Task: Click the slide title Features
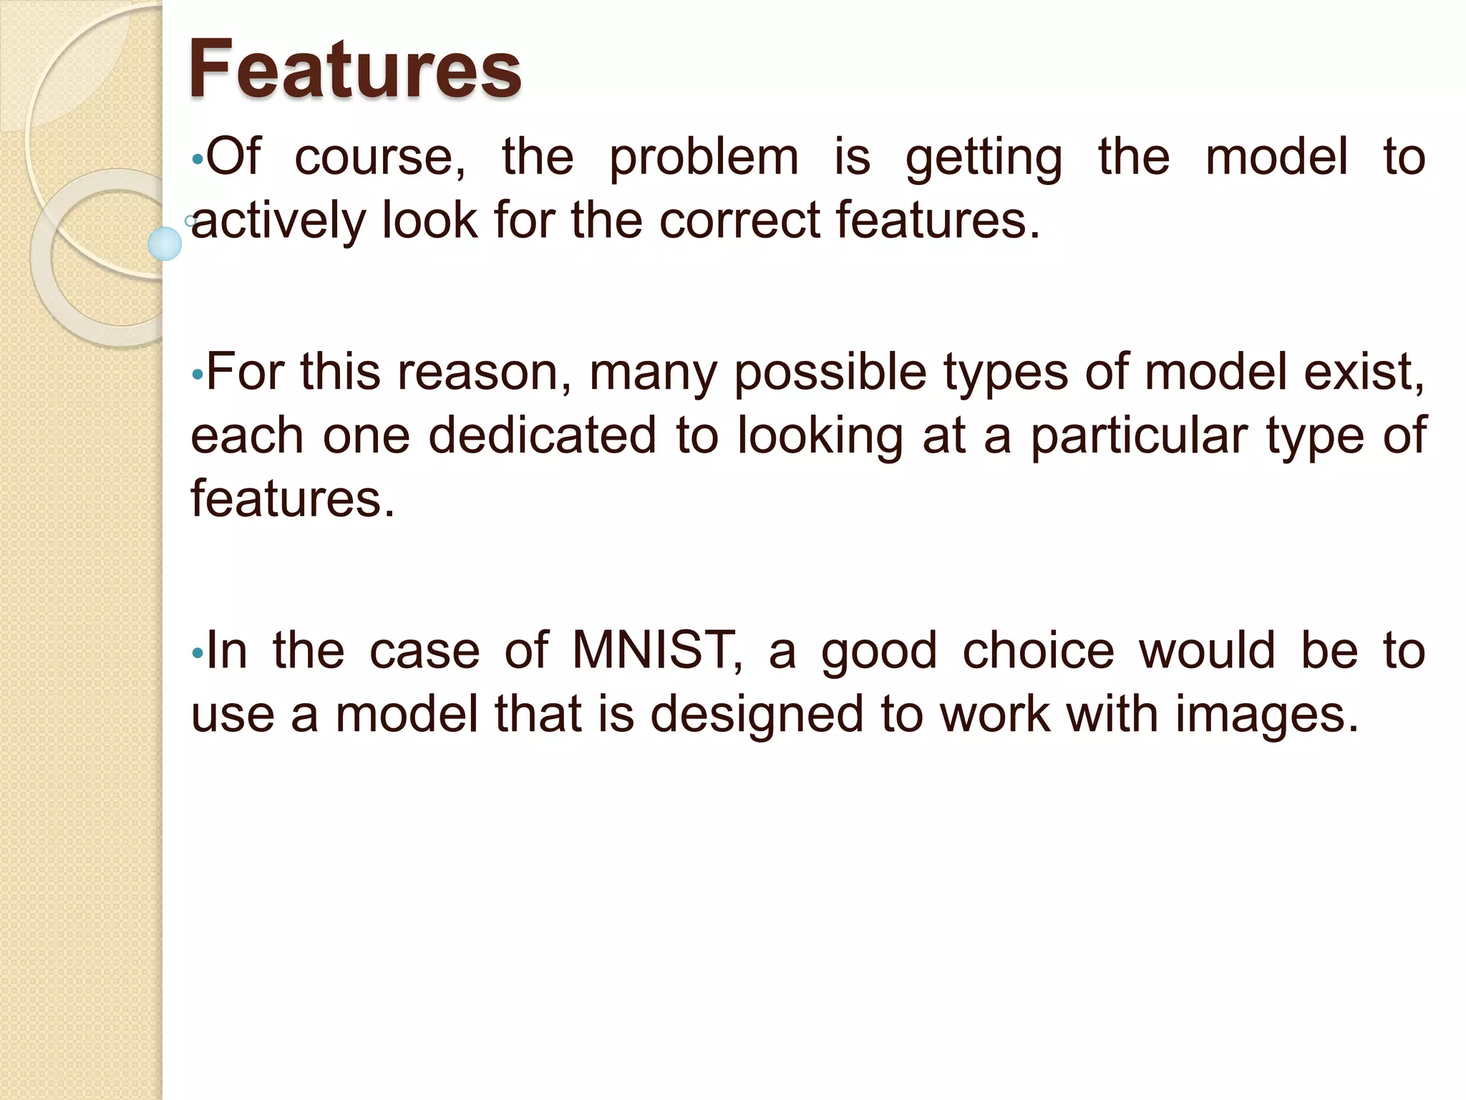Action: tap(354, 69)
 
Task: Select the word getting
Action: tap(984, 159)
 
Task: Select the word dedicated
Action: tap(542, 436)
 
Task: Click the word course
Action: tap(379, 158)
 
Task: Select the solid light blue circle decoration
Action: tap(165, 243)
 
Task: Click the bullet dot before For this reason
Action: tap(198, 375)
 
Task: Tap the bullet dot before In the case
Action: tap(198, 653)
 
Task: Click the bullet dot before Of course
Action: tap(198, 160)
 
